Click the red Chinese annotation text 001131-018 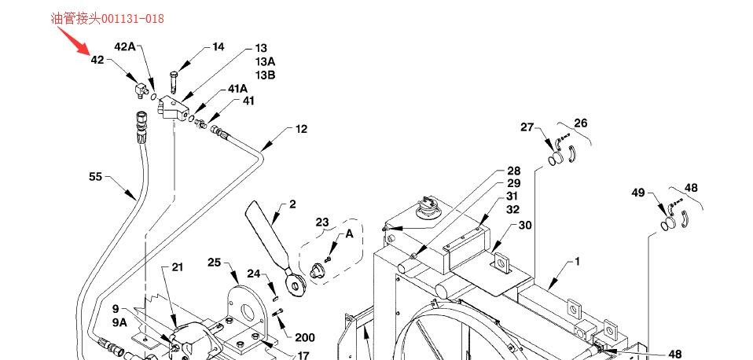108,19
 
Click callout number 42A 124,46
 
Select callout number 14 218,47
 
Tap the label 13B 265,75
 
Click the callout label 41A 237,89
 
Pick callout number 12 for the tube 300,129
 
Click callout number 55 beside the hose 96,177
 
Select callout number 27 527,127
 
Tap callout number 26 581,123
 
